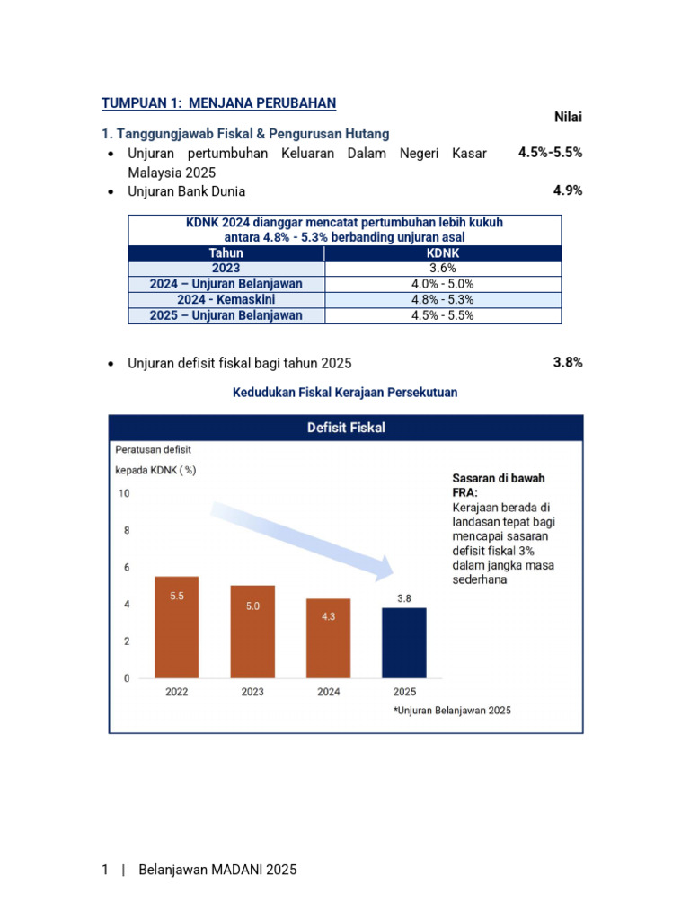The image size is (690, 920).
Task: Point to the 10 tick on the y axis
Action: coord(124,493)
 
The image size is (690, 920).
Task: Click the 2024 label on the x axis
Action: coord(329,692)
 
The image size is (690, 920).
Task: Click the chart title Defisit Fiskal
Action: coord(346,428)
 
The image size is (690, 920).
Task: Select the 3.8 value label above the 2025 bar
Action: coord(404,597)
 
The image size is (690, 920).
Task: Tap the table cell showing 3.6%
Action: coord(442,268)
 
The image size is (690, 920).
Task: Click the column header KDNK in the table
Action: coord(442,253)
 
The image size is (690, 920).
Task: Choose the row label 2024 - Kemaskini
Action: coord(226,299)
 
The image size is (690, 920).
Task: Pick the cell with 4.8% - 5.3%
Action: coord(442,299)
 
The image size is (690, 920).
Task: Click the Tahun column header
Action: coord(226,253)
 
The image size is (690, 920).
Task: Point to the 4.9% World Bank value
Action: coord(568,190)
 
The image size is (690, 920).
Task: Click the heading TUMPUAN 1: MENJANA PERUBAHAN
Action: coord(218,103)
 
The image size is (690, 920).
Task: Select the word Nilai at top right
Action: coord(565,117)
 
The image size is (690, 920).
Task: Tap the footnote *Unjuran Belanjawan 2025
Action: coord(452,710)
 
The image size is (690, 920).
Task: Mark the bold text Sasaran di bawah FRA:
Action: coord(498,485)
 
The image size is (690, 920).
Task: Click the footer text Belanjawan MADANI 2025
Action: coord(217,870)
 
